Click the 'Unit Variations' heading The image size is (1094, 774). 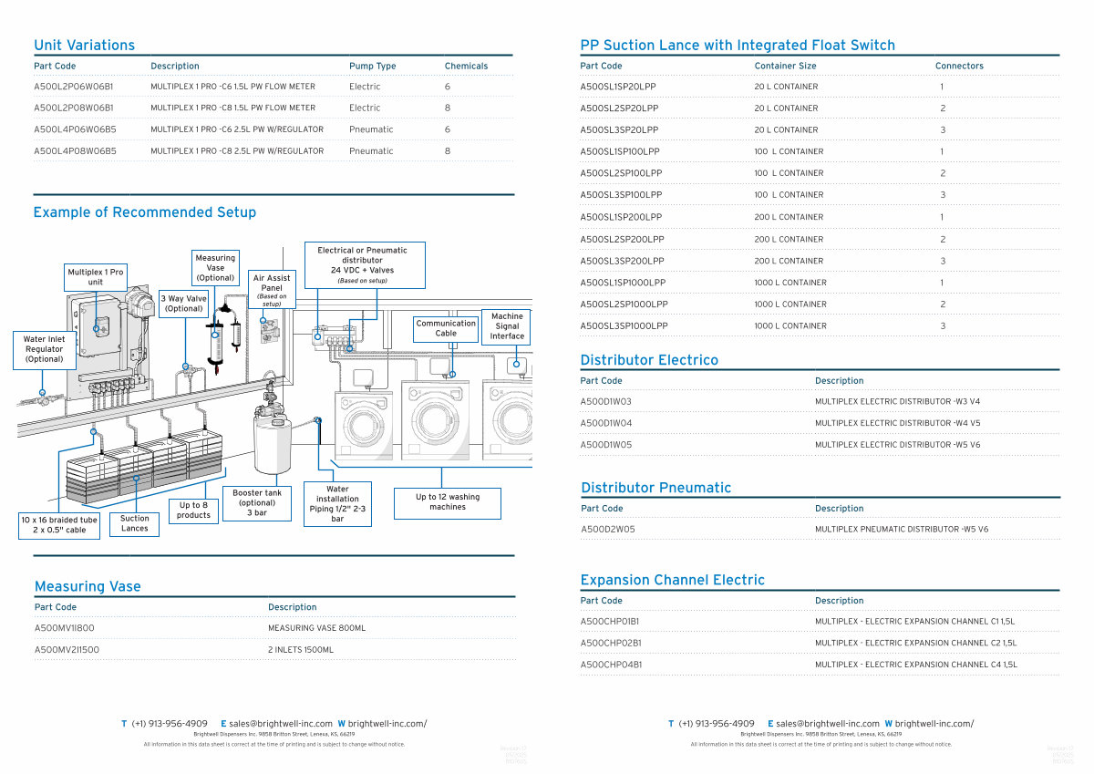click(x=84, y=46)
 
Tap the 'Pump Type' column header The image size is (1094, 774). click(x=372, y=67)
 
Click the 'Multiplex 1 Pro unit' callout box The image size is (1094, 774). click(x=96, y=277)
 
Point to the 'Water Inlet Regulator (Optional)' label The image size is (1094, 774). click(x=44, y=349)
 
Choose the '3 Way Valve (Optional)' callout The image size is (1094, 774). click(x=183, y=304)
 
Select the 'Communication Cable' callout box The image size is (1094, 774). click(x=446, y=328)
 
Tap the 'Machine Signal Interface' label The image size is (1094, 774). click(x=507, y=326)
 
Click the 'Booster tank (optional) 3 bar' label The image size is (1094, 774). click(x=257, y=502)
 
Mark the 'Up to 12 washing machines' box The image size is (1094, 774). click(x=447, y=502)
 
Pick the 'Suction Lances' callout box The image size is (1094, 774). click(x=134, y=523)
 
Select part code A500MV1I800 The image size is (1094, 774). click(x=65, y=628)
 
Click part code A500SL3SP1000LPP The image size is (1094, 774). click(x=624, y=326)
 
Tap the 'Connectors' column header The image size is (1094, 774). click(x=959, y=67)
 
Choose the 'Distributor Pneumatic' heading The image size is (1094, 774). click(x=655, y=488)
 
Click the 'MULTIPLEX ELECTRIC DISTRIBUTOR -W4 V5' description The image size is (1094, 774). click(x=897, y=424)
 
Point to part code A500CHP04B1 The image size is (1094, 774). click(x=611, y=666)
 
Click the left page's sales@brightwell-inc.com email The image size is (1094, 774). click(x=281, y=724)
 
